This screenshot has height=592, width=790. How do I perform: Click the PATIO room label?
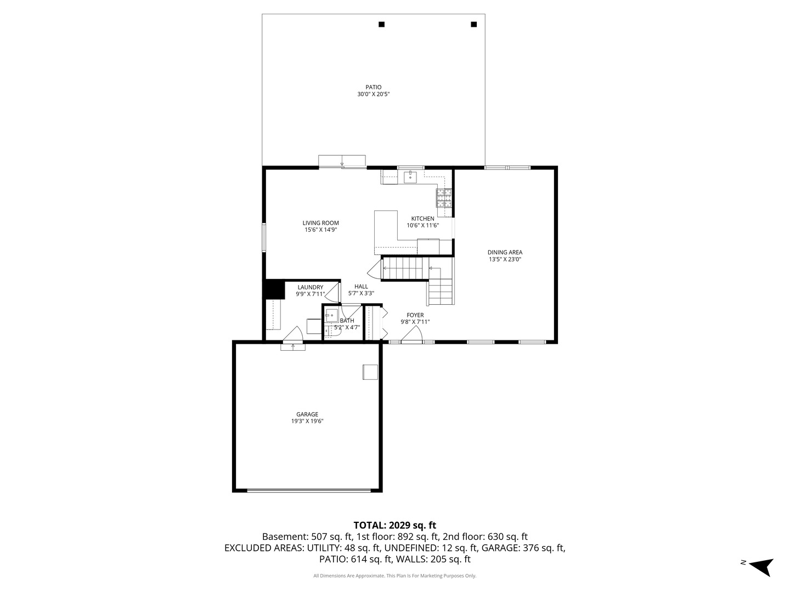click(x=373, y=87)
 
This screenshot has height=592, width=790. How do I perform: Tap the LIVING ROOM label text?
click(x=320, y=223)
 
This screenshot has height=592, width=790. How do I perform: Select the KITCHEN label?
click(x=422, y=219)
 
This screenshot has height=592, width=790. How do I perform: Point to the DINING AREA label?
click(x=505, y=253)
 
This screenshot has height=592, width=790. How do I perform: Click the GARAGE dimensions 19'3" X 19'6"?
click(x=307, y=422)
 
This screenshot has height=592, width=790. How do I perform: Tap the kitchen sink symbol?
click(x=410, y=177)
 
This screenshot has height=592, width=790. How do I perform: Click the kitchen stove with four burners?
click(x=444, y=197)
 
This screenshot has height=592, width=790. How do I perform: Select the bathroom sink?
click(x=331, y=315)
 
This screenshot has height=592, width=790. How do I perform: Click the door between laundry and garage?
click(x=294, y=335)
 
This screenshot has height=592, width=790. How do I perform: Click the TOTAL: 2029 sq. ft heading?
click(x=394, y=525)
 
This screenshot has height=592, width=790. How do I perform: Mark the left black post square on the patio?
click(x=381, y=24)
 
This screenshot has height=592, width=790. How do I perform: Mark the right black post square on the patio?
click(x=474, y=24)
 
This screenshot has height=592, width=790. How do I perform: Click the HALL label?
click(x=361, y=287)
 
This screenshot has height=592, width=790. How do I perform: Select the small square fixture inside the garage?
click(x=370, y=372)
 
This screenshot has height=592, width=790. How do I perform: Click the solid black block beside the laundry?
click(x=273, y=289)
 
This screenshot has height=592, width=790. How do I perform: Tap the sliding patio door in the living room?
click(x=342, y=161)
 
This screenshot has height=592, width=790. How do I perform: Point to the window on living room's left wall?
click(x=264, y=238)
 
